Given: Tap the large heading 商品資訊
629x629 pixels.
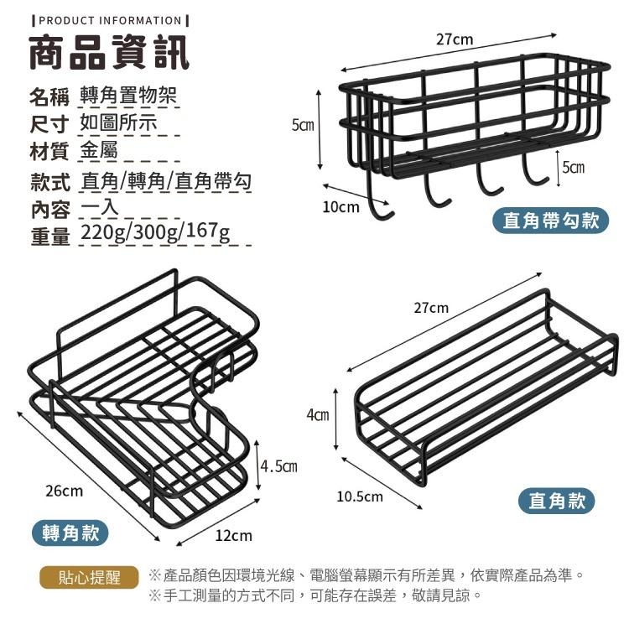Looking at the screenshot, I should [x=110, y=53].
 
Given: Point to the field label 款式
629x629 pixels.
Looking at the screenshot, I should [x=49, y=181].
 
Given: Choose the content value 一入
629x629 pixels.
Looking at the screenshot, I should [x=100, y=208].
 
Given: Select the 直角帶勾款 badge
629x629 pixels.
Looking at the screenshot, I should [x=550, y=221].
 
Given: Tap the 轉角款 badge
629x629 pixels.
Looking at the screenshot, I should [x=75, y=532].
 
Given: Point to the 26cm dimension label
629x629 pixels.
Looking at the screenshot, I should [x=64, y=490].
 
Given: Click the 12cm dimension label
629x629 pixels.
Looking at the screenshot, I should [x=234, y=535].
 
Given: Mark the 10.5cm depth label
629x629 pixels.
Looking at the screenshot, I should [x=360, y=496].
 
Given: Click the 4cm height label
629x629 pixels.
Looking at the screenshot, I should [x=317, y=414].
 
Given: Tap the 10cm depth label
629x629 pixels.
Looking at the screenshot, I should [x=340, y=206].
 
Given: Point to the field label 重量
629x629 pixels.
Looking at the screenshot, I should [x=49, y=236].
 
